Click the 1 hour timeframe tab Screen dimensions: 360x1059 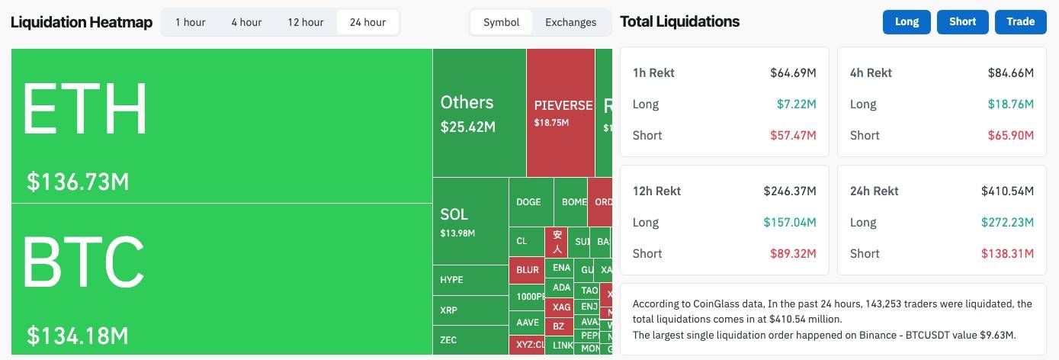(190, 22)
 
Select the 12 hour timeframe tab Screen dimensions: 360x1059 (305, 22)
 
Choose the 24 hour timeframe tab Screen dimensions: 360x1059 (367, 22)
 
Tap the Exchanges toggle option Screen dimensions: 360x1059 (570, 22)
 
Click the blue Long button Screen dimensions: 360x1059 (907, 22)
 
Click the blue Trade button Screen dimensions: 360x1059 (1020, 22)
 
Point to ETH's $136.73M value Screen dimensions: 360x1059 (78, 182)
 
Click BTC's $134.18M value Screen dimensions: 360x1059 (78, 335)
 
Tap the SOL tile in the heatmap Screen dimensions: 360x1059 (470, 221)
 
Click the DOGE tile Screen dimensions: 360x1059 (529, 202)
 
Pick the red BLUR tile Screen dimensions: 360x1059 (528, 270)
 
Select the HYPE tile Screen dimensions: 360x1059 (470, 280)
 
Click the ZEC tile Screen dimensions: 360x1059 (470, 339)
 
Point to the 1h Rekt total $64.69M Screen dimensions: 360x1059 (793, 73)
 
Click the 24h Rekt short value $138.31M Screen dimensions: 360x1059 (1010, 253)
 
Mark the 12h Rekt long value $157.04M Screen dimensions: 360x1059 (790, 223)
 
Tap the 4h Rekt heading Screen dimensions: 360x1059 (871, 73)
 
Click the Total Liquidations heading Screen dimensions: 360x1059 (679, 22)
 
